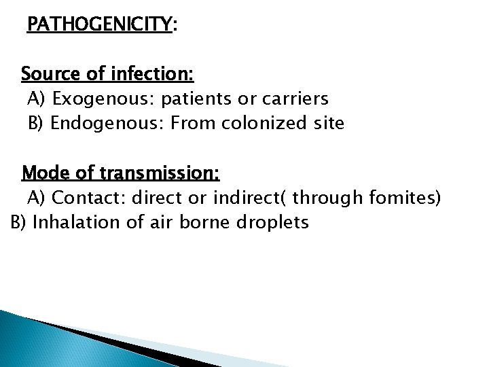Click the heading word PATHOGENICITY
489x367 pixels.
100,26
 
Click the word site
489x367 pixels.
327,124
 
